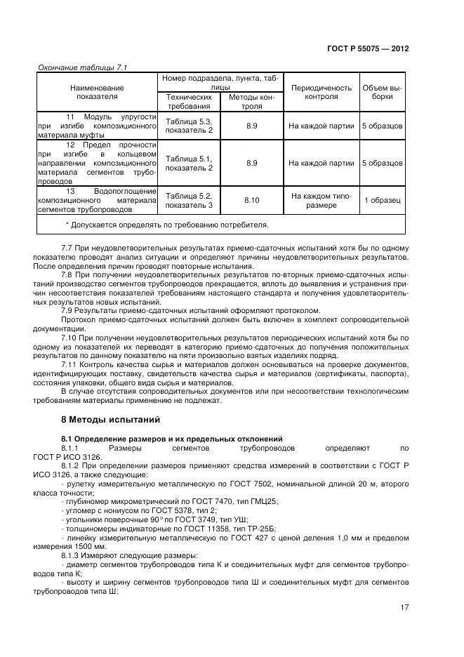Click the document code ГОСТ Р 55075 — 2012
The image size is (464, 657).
[x=368, y=49]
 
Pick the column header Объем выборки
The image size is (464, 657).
[x=382, y=92]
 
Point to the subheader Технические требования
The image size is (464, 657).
[x=187, y=102]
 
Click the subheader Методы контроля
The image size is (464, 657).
[x=251, y=102]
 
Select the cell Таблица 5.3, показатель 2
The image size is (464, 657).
[x=188, y=126]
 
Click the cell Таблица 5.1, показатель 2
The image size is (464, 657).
[x=188, y=163]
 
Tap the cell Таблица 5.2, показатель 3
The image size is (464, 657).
[x=188, y=200]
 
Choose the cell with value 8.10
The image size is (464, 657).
[x=251, y=200]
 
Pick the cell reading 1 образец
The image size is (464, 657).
[x=382, y=200]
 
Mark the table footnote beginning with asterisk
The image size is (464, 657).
[x=167, y=225]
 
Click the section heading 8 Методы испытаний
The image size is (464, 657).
[x=111, y=420]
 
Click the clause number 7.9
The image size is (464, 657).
[x=69, y=311]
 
